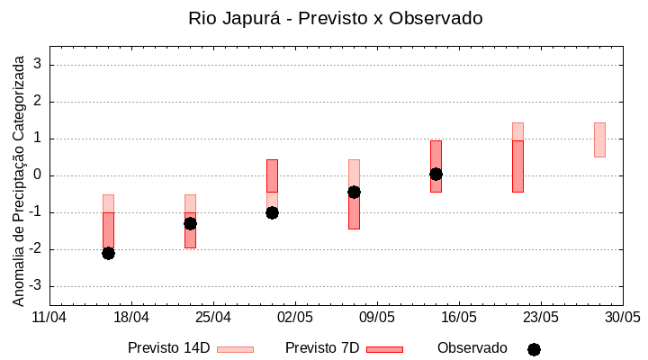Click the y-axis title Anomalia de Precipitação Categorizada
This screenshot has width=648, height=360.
click(x=18, y=178)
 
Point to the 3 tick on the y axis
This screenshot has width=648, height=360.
click(x=39, y=65)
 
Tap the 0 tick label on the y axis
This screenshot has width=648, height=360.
click(x=39, y=175)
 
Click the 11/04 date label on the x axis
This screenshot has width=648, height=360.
click(x=49, y=318)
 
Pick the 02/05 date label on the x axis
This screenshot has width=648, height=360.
click(x=295, y=318)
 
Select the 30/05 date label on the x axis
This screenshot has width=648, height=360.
click(x=622, y=318)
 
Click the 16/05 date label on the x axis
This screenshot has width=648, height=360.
click(x=459, y=318)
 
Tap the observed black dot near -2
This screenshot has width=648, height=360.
click(x=108, y=253)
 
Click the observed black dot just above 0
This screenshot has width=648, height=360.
click(x=436, y=174)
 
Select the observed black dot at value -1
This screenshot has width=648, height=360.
click(x=272, y=212)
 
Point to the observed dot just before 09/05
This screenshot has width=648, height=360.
click(x=354, y=192)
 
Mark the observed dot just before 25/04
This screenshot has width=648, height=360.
click(x=190, y=223)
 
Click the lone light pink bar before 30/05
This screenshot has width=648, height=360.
click(x=599, y=139)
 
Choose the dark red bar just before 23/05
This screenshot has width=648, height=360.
click(x=517, y=166)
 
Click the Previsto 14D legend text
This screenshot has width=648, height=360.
click(x=168, y=348)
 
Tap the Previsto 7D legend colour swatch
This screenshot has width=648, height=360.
click(x=384, y=349)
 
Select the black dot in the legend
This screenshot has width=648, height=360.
click(x=534, y=349)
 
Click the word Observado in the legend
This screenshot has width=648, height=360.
click(x=472, y=348)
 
